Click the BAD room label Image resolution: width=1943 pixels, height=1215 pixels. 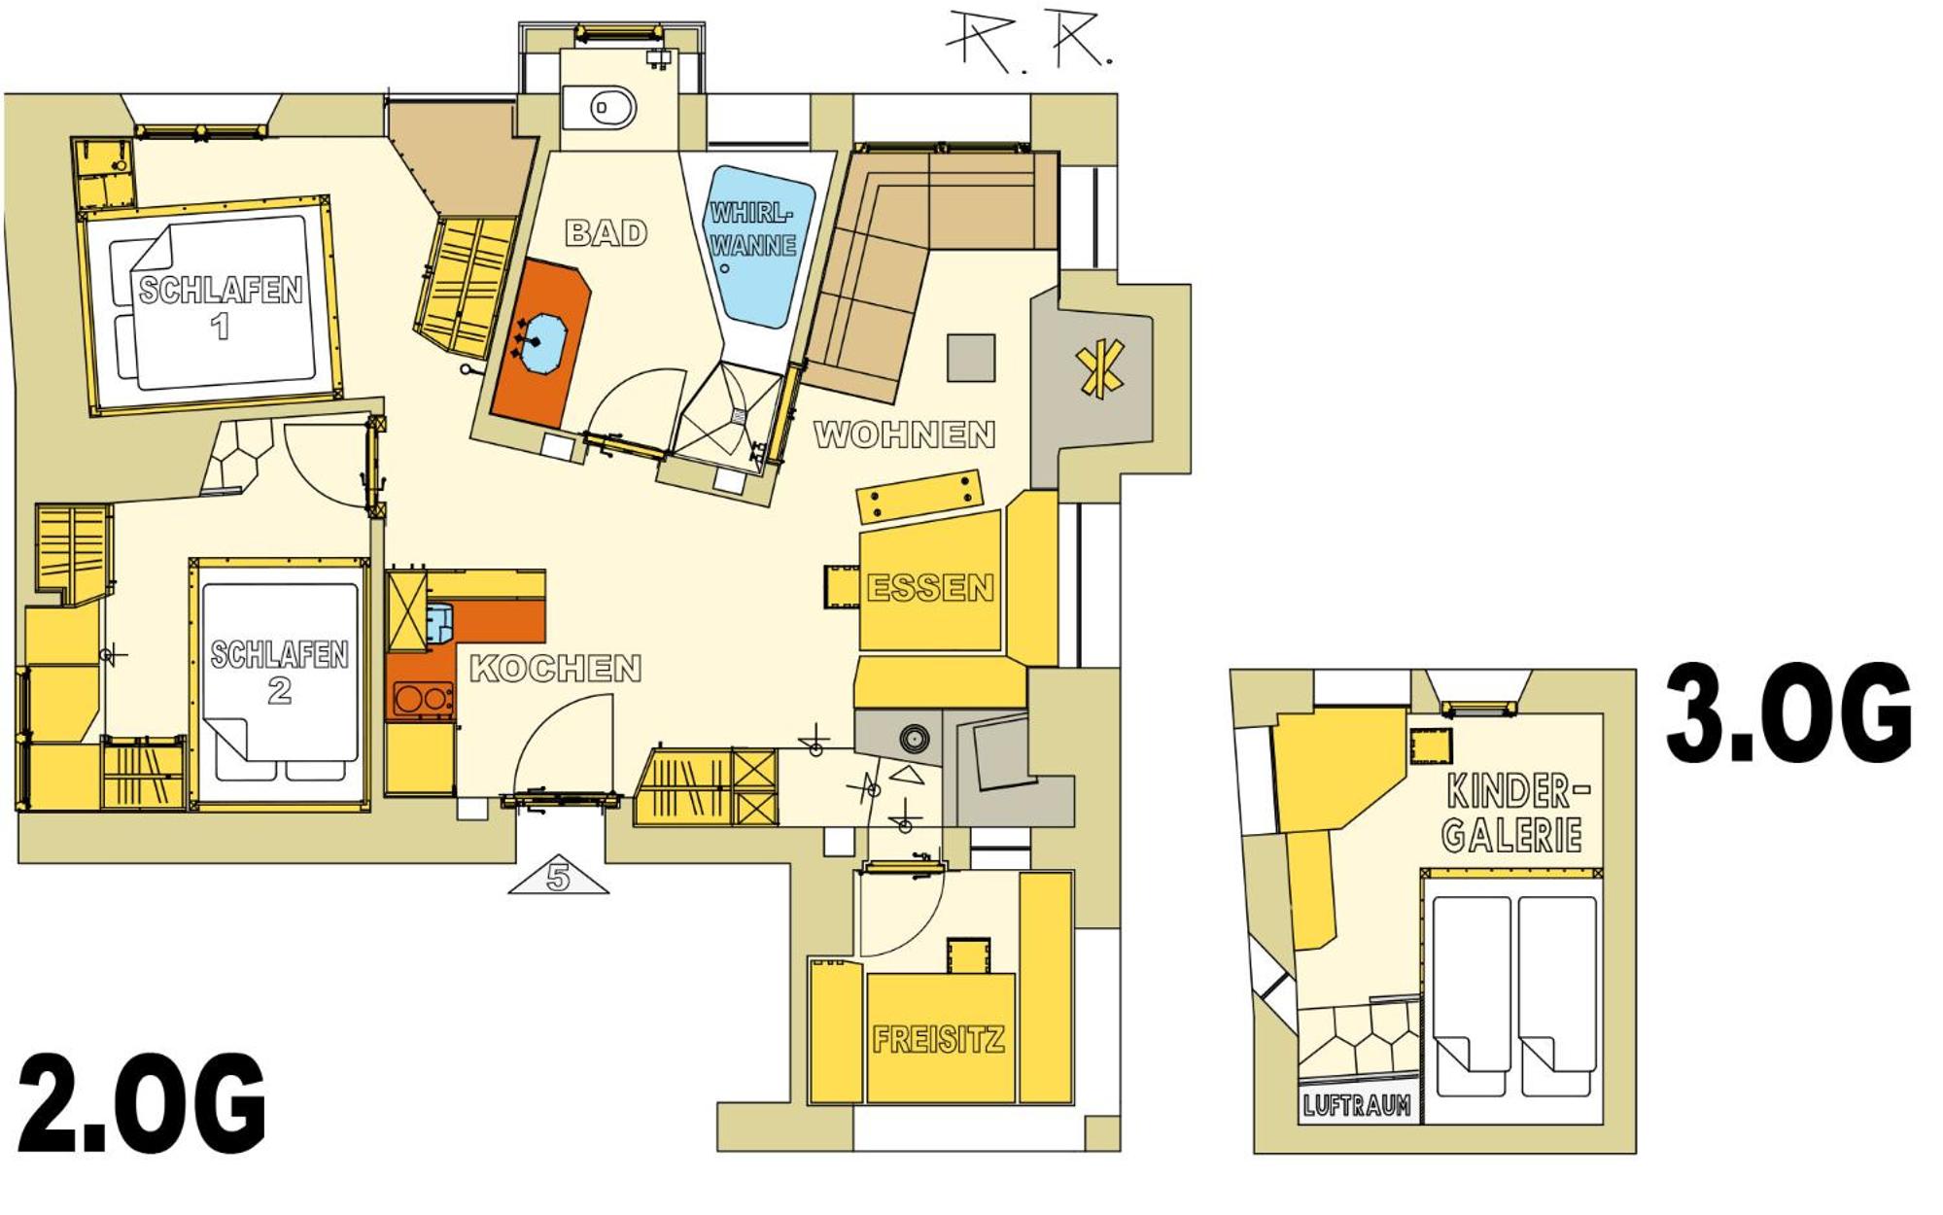[x=606, y=232]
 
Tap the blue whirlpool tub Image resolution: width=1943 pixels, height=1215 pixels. [x=759, y=245]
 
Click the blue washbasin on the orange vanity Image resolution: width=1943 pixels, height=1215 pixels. [x=542, y=341]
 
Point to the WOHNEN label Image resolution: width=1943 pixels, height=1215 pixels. [x=904, y=434]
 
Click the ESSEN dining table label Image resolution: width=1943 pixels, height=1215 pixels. [x=930, y=587]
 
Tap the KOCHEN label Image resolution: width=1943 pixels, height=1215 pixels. [x=555, y=668]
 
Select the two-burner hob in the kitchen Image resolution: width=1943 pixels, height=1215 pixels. [x=423, y=699]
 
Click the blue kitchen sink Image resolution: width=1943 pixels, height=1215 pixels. [x=440, y=622]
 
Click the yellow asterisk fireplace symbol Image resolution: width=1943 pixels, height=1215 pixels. [x=1100, y=369]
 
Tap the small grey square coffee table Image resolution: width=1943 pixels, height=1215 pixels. [x=971, y=358]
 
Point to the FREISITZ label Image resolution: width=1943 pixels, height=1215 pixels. [x=938, y=1040]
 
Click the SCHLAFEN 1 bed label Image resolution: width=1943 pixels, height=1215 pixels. [x=221, y=307]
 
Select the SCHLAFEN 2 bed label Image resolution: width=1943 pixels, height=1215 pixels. [x=279, y=672]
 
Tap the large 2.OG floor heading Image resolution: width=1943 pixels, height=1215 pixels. [x=142, y=1102]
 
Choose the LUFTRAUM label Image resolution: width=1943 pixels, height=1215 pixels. [x=1356, y=1105]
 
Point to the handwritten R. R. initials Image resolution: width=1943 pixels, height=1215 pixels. [x=1030, y=41]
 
